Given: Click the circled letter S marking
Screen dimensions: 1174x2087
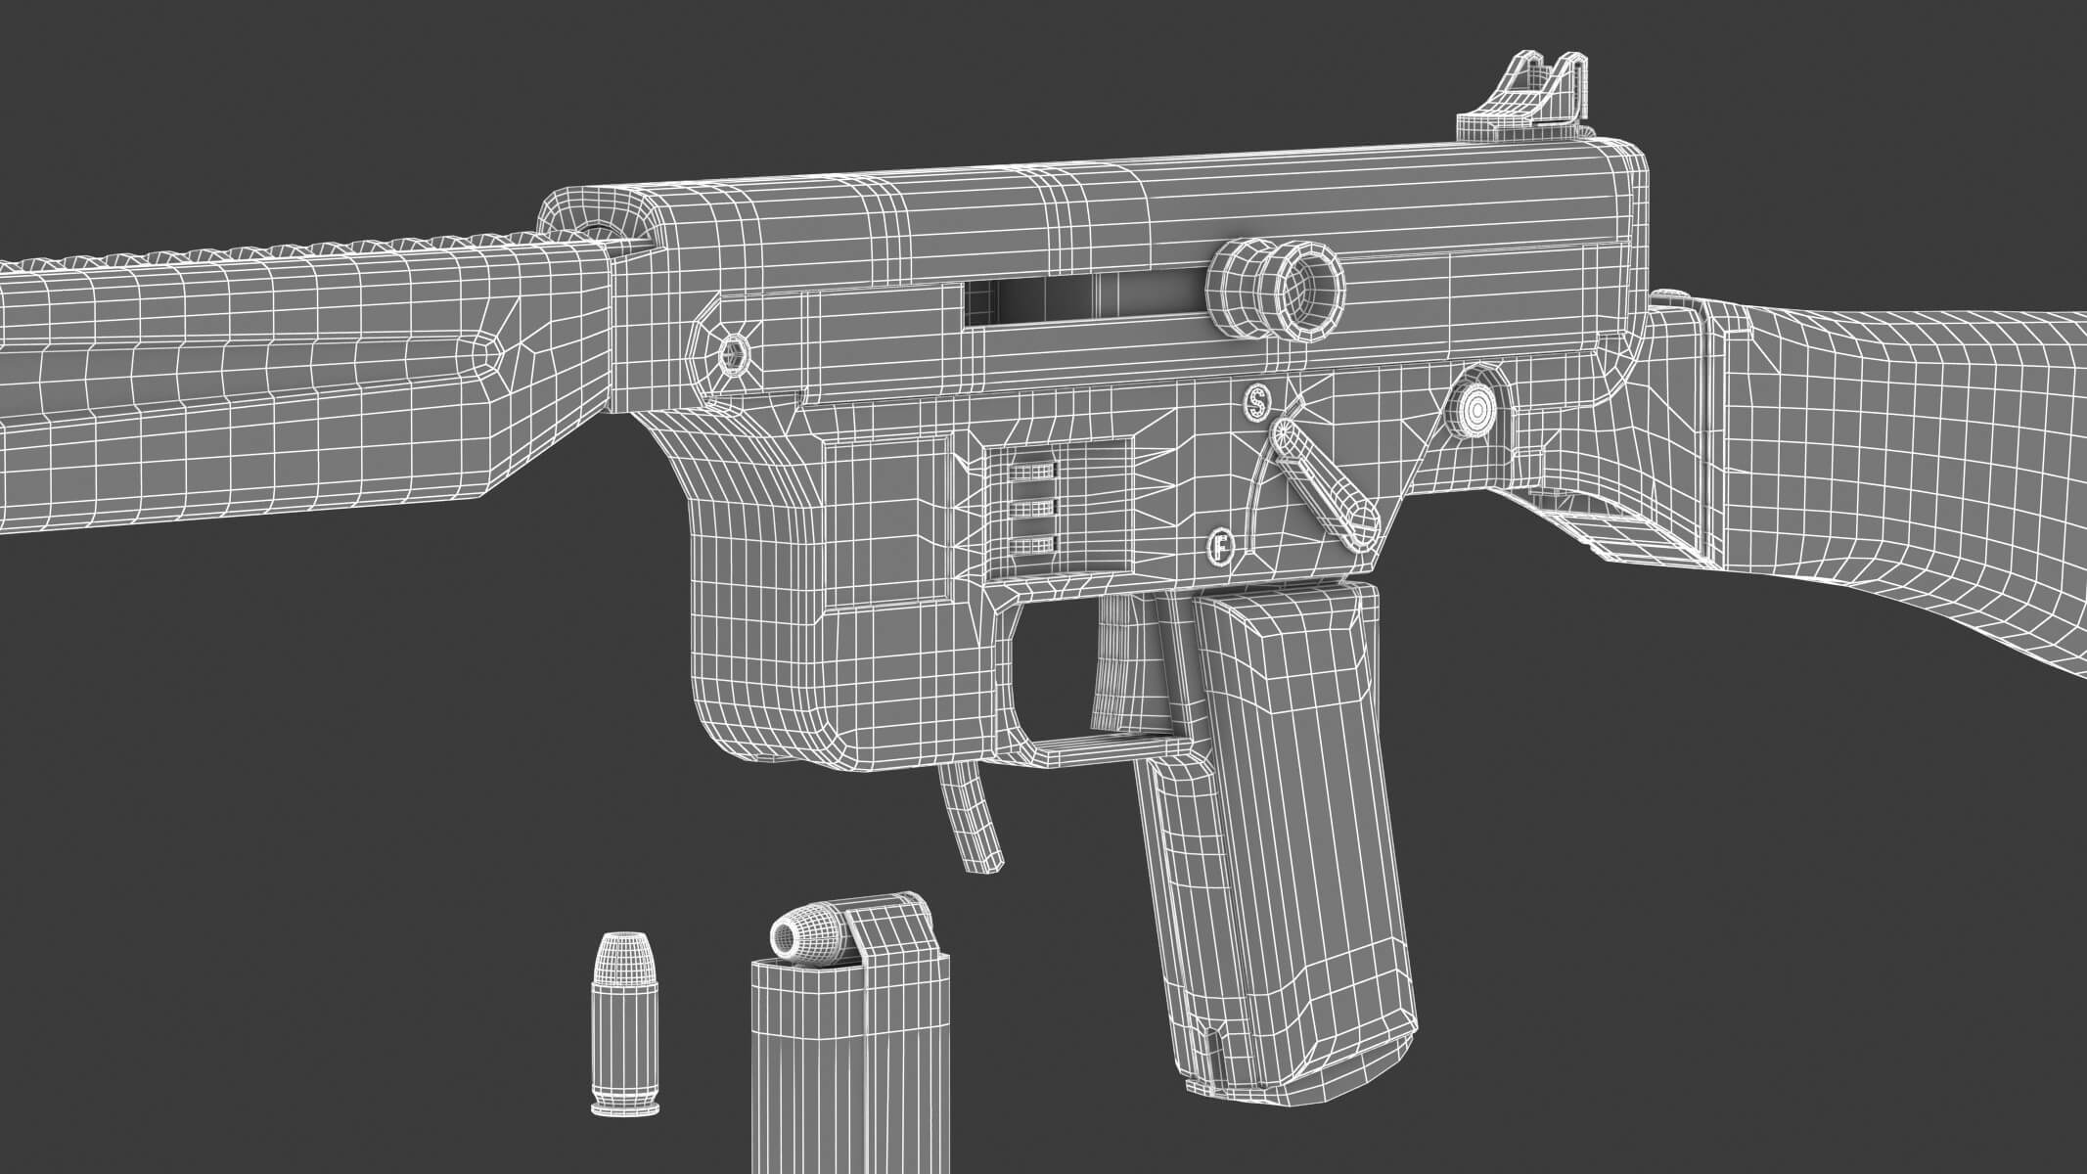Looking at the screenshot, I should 1254,401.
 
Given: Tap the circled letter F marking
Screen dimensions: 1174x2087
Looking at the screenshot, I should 1220,546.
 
